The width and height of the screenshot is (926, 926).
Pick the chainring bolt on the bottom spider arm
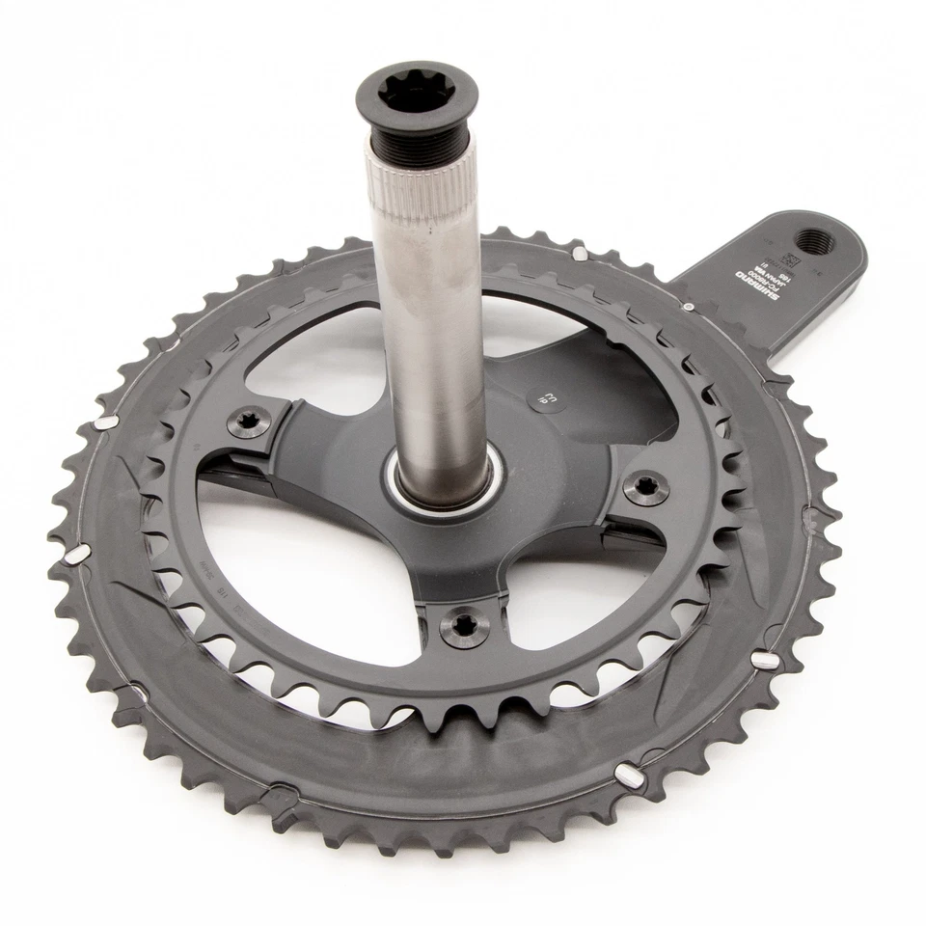coord(464,627)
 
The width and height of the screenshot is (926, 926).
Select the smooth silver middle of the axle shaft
coord(428,318)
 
